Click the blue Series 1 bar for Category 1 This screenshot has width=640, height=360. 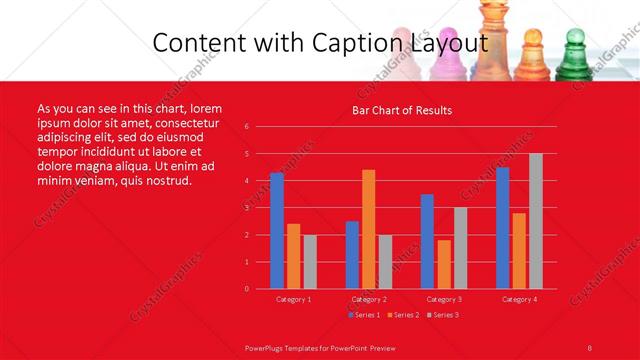[x=276, y=231]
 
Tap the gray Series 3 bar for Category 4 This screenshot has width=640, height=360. [x=535, y=221]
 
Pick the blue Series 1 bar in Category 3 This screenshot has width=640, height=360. [x=427, y=241]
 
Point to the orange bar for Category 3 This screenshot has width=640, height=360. [x=443, y=264]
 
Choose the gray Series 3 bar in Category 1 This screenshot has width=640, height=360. [x=310, y=262]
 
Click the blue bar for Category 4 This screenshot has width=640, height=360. [x=502, y=228]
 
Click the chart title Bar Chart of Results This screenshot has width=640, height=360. [x=401, y=110]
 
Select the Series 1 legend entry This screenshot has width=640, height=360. [x=365, y=315]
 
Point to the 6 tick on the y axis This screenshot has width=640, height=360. [x=246, y=127]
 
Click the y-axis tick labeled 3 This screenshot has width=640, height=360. [x=246, y=208]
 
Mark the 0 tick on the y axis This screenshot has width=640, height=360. [x=246, y=289]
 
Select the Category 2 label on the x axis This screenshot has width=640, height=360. [x=368, y=299]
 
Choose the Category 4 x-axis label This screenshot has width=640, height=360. [x=518, y=299]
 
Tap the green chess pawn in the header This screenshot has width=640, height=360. [x=574, y=55]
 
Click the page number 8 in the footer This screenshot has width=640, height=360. [x=590, y=347]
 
